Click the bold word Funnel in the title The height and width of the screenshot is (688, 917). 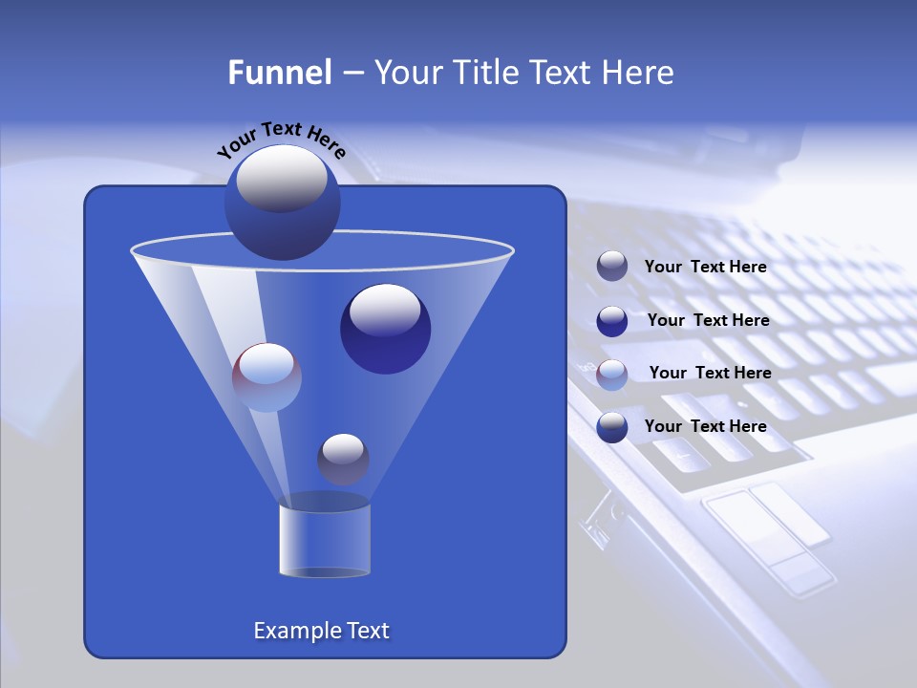pyautogui.click(x=279, y=73)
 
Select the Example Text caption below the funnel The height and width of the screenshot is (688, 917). pyautogui.click(x=321, y=631)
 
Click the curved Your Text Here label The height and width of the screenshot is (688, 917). pyautogui.click(x=281, y=139)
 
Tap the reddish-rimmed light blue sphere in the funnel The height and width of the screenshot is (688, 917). pyautogui.click(x=267, y=377)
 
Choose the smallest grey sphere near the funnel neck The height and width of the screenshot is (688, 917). pyautogui.click(x=343, y=459)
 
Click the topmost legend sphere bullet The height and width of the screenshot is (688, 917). pyautogui.click(x=612, y=267)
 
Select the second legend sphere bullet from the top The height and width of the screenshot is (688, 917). pyautogui.click(x=612, y=321)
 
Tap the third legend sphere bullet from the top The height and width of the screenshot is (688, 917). pyautogui.click(x=612, y=374)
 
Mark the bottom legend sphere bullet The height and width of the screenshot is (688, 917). pyautogui.click(x=612, y=427)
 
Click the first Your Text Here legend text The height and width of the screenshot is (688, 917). pyautogui.click(x=705, y=268)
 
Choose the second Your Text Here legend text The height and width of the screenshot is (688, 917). pyautogui.click(x=708, y=321)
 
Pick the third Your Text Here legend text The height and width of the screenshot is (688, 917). pyautogui.click(x=710, y=374)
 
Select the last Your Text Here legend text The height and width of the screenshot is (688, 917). pyautogui.click(x=705, y=427)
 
